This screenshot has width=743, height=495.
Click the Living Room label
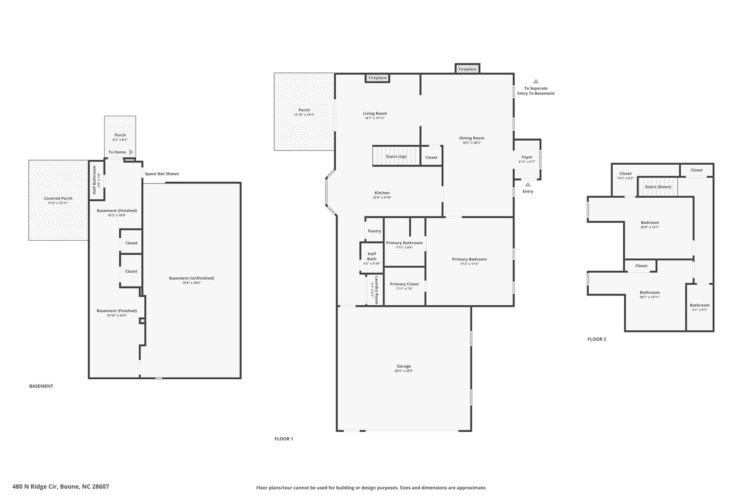375,114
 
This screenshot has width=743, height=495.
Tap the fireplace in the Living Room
377,78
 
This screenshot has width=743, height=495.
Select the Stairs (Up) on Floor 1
396,156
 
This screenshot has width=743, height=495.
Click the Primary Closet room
405,286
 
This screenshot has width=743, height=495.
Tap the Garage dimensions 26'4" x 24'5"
404,371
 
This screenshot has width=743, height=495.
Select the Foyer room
527,159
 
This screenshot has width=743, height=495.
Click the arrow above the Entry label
528,184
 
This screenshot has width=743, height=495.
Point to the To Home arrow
131,152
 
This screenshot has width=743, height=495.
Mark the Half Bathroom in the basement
97,180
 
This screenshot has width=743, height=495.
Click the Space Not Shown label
162,174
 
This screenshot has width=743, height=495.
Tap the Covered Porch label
58,198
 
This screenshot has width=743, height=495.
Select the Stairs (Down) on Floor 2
658,187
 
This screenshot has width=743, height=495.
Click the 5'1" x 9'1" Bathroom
700,307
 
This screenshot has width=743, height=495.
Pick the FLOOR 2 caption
597,339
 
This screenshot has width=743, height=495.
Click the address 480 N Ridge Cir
35,487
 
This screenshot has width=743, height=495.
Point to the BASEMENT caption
41,386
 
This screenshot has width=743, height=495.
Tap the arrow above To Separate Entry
536,82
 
